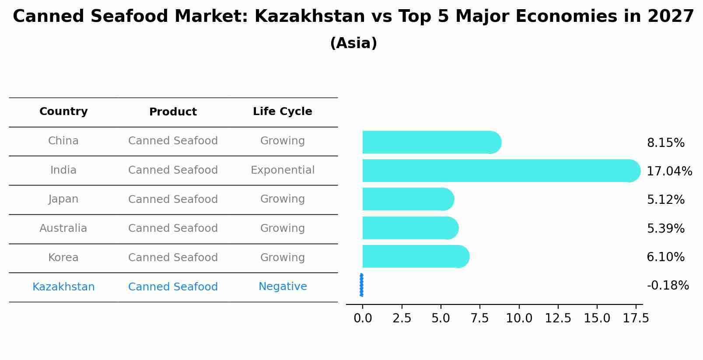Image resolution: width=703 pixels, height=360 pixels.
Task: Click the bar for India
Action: (499, 171)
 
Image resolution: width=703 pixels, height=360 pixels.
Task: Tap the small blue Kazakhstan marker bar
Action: (361, 285)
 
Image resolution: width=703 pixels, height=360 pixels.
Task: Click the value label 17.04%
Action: (669, 171)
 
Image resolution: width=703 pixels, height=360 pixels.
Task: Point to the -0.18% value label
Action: (668, 286)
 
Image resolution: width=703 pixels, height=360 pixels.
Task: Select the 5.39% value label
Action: (665, 228)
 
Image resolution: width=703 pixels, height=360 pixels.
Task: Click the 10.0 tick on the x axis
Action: (519, 318)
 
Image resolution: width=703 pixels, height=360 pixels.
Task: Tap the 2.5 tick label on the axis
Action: (402, 318)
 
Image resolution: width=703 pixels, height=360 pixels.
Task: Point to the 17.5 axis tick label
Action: (636, 318)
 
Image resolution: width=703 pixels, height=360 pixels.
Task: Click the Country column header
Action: (63, 112)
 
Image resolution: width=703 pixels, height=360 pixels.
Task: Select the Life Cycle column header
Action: (283, 112)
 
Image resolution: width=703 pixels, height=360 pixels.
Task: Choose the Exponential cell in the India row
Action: (283, 170)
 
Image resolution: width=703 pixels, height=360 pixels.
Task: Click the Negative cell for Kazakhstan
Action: (283, 287)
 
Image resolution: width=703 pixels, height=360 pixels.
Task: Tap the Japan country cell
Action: (63, 199)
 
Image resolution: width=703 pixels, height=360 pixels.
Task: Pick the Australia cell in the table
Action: (63, 228)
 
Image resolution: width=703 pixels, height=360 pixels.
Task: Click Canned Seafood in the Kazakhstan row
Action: (173, 287)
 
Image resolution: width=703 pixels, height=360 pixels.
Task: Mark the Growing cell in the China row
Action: (283, 141)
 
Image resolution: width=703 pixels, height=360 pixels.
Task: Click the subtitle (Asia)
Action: (353, 43)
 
